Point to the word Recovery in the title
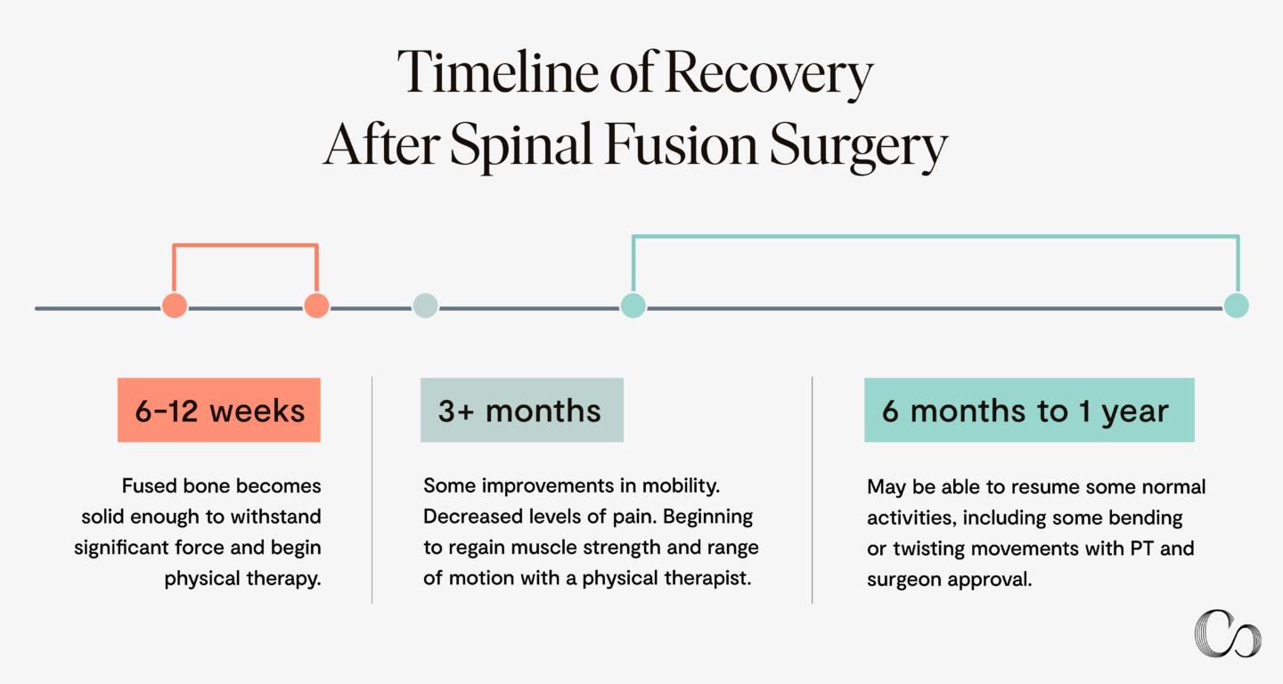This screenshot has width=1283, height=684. pos(768,75)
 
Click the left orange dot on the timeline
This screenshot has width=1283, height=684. pos(175,305)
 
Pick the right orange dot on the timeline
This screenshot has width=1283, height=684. pos(316,305)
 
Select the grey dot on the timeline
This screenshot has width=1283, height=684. pos(426,305)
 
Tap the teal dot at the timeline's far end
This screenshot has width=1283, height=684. pos(1236,305)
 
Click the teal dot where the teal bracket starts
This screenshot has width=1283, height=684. pos(633,305)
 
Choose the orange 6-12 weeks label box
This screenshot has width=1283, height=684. pos(219,411)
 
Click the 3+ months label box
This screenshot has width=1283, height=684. pos(521,411)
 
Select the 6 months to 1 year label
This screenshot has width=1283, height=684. pos(1028,411)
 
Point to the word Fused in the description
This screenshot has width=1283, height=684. pos(147,486)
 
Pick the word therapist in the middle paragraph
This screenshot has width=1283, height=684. pos(707,578)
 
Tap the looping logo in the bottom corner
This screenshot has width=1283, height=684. pos(1227,633)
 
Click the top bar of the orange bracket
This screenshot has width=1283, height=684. pos(245,244)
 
